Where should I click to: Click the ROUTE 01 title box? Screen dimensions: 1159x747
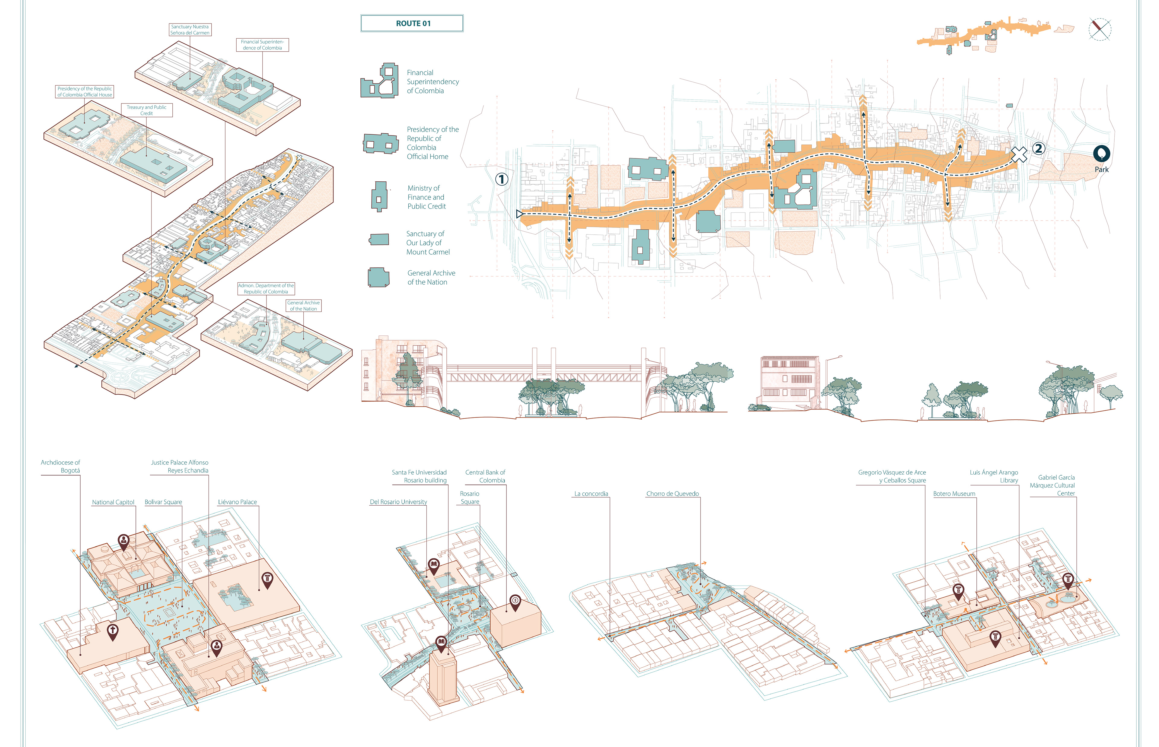click(412, 23)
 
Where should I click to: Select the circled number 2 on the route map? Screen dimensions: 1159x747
click(1038, 148)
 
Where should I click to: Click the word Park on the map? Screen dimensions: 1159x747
click(1101, 169)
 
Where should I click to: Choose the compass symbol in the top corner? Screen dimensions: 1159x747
click(1099, 29)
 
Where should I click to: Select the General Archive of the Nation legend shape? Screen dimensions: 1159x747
click(378, 277)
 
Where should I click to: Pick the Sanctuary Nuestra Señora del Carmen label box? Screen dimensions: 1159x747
click(190, 30)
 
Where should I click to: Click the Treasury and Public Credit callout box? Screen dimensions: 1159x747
click(146, 110)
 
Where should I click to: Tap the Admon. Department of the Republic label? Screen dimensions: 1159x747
click(266, 289)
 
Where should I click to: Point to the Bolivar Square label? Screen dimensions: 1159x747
click(163, 502)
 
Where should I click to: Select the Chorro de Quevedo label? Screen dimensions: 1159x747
click(672, 494)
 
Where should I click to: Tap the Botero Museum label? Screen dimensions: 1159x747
click(954, 494)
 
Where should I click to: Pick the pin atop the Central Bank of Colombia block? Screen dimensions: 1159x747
click(515, 602)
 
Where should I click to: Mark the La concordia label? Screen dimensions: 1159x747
click(591, 494)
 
